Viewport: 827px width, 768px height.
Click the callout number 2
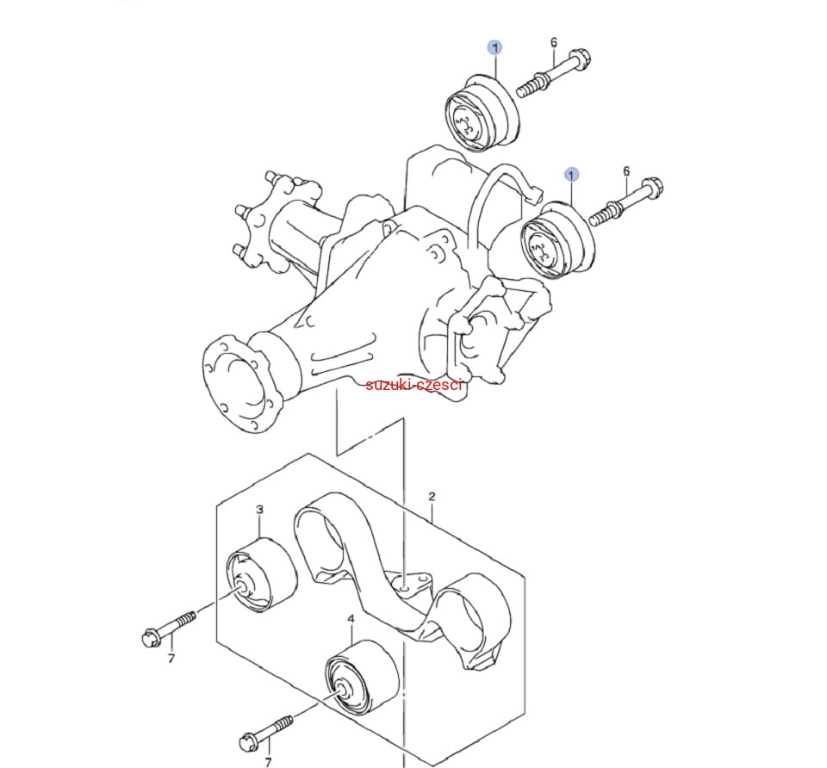pos(432,496)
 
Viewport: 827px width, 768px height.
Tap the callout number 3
pos(259,510)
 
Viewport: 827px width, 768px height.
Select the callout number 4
pos(351,618)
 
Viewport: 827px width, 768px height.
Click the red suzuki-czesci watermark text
pos(414,384)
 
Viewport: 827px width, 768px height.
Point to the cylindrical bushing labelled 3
pos(262,575)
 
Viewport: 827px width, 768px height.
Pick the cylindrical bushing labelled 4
pos(362,678)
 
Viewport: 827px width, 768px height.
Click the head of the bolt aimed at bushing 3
pos(152,638)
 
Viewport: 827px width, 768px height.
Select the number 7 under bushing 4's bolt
pos(268,762)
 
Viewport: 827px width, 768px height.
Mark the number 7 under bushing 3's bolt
pos(171,659)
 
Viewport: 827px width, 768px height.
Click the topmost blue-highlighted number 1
pos(494,48)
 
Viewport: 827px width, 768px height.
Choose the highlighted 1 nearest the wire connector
pos(571,175)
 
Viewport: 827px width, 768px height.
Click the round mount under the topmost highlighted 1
pos(481,114)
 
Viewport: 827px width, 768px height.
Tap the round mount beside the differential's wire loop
pos(558,241)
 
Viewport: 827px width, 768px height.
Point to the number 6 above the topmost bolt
pos(554,42)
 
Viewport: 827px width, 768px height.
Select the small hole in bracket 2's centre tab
pos(403,586)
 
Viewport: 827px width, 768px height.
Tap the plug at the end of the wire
pos(534,196)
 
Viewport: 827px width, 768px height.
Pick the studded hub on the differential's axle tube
pos(258,221)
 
